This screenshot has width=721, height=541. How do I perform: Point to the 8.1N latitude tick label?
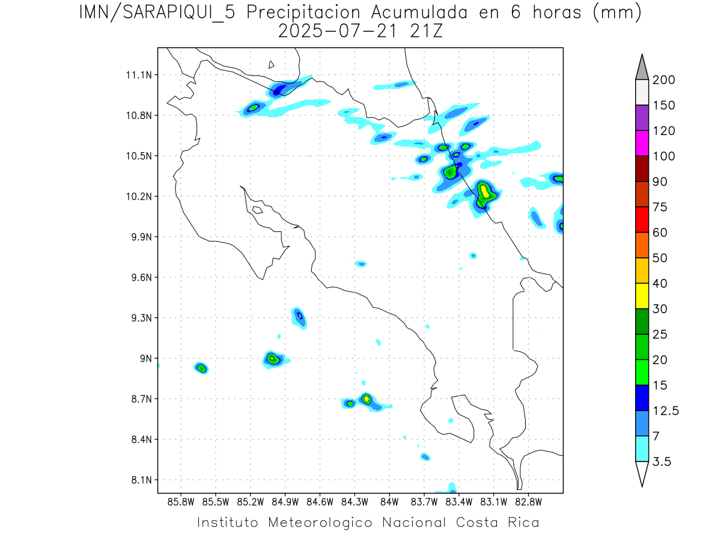tap(139, 480)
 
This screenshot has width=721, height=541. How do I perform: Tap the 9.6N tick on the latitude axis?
tap(139, 278)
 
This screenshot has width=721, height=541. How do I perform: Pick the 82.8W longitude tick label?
tap(528, 501)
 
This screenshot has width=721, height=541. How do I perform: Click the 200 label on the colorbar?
tap(664, 80)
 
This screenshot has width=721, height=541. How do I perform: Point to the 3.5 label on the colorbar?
tap(663, 462)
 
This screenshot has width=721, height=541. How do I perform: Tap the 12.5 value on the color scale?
tap(665, 411)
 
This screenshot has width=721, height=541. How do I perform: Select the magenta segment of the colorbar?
tap(641, 143)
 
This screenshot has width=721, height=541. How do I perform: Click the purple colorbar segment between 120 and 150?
tap(641, 118)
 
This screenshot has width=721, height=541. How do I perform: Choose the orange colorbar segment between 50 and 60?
tap(641, 245)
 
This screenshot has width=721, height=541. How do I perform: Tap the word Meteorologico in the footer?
tap(324, 522)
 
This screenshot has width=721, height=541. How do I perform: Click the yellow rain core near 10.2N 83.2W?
tap(484, 192)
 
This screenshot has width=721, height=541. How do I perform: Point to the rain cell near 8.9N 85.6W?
tap(201, 368)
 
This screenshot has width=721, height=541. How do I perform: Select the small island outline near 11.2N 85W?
tap(272, 64)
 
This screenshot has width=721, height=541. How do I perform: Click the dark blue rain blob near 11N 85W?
tap(280, 90)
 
